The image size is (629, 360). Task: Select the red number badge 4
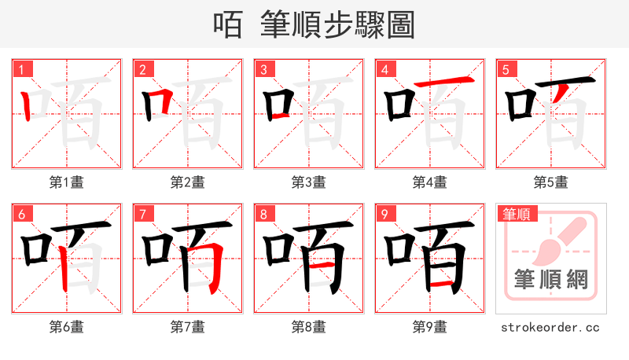[x=384, y=69]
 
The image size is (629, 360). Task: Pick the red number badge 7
[x=142, y=214]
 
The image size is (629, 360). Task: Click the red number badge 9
[x=384, y=214]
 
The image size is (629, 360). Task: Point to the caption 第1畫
[x=67, y=182]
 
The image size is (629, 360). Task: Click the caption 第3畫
[x=309, y=182]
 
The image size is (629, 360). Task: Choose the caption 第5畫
[x=550, y=182]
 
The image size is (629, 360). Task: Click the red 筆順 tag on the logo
[x=516, y=213]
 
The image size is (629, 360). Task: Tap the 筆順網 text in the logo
[x=550, y=280]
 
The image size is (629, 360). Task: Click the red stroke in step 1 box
[x=27, y=105]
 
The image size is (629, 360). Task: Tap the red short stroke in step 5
[x=560, y=94]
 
